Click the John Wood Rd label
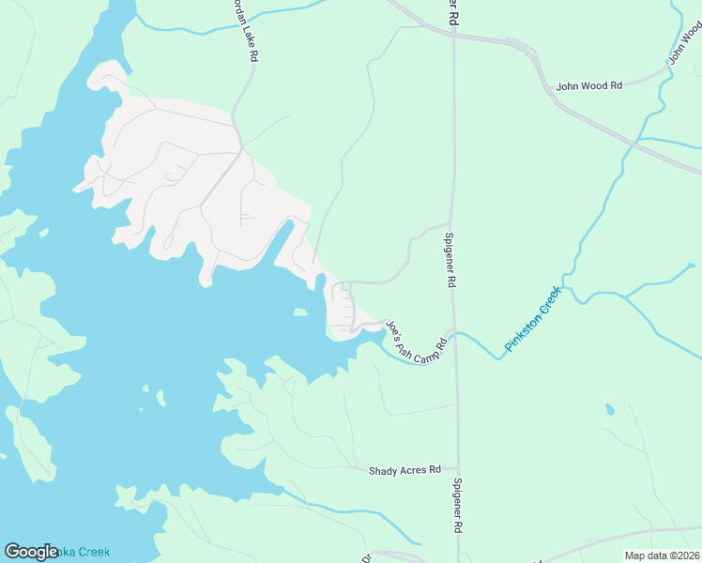point(589,85)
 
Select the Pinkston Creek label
point(532,319)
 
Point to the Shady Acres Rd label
point(405,469)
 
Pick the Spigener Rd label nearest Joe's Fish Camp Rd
point(450,261)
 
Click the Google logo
point(32,552)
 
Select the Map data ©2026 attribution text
point(663,555)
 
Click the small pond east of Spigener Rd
point(611,410)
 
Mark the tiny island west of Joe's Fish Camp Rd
point(299,312)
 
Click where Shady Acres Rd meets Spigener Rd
point(457,468)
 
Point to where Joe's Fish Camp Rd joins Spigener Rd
point(454,333)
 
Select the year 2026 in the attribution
point(686,555)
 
